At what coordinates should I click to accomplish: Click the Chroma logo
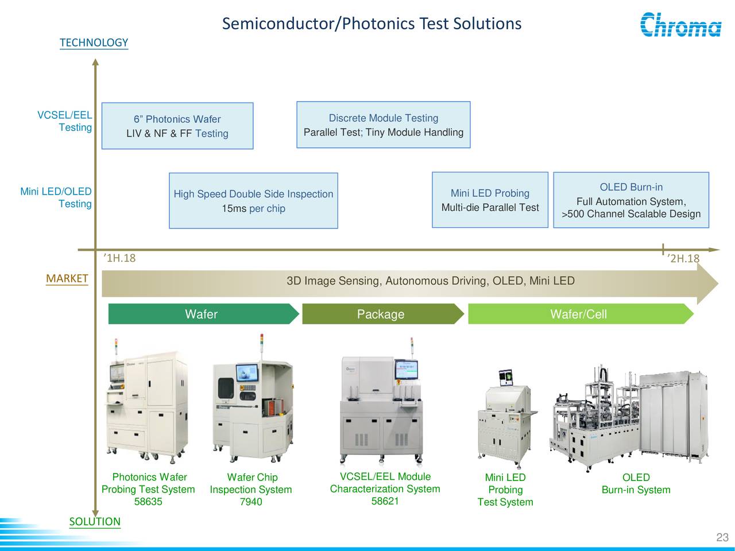click(x=680, y=25)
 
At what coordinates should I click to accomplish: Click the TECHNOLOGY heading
click(x=94, y=42)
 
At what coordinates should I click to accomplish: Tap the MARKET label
click(x=67, y=278)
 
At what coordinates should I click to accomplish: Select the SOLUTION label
click(x=95, y=521)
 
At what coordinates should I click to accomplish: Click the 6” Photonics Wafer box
click(x=177, y=126)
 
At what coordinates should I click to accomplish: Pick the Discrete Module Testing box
click(x=383, y=125)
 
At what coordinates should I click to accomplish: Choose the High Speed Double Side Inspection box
click(x=253, y=200)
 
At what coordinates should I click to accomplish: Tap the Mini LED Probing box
click(x=490, y=200)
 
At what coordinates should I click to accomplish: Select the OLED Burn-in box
click(x=631, y=200)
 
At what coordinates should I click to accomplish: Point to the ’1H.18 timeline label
click(x=119, y=258)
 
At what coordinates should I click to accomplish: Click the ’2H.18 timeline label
click(x=683, y=258)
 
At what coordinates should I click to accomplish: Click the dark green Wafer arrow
click(x=202, y=314)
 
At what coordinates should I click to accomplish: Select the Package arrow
click(x=381, y=314)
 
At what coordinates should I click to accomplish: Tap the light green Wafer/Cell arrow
click(x=579, y=314)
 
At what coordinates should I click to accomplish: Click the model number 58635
click(x=148, y=502)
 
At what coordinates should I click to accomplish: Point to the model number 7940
click(x=250, y=502)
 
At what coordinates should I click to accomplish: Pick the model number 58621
click(x=385, y=501)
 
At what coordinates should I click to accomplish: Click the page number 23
click(x=722, y=537)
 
